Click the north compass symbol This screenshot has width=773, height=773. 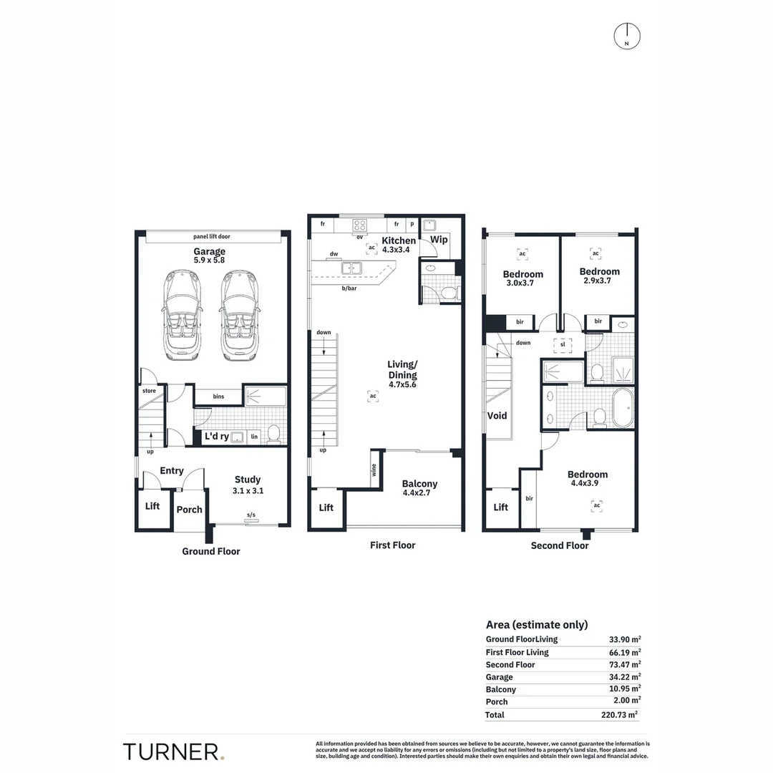[x=626, y=37]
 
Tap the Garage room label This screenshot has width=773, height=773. [x=210, y=251]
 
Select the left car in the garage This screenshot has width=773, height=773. [x=181, y=315]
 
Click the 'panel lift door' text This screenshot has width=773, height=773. [x=211, y=237]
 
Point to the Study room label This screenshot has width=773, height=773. [x=248, y=479]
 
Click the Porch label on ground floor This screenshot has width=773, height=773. [x=189, y=510]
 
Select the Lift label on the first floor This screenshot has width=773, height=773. [x=326, y=507]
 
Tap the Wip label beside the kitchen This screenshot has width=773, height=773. [x=439, y=240]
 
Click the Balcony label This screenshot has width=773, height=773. [x=419, y=484]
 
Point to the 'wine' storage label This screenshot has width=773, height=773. [x=374, y=470]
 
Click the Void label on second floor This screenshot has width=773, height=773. [x=497, y=416]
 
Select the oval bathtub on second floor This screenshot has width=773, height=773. [x=623, y=408]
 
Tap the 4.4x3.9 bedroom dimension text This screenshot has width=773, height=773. [x=585, y=483]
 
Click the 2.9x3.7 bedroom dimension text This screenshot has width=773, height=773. [x=597, y=281]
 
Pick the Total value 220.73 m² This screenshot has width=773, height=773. [x=619, y=714]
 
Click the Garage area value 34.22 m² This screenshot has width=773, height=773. [x=625, y=677]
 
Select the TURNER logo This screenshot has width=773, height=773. [x=173, y=752]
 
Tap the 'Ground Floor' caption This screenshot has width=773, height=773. [x=211, y=551]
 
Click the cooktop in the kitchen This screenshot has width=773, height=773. [x=359, y=225]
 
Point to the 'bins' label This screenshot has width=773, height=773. [x=218, y=397]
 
